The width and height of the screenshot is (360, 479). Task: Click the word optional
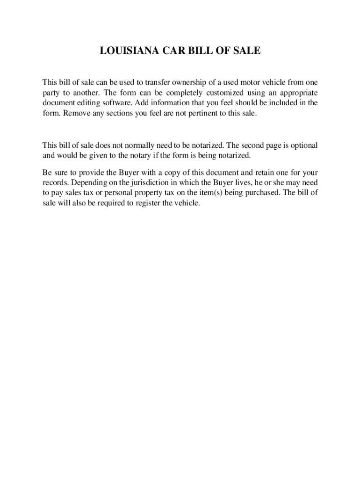point(303,145)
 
